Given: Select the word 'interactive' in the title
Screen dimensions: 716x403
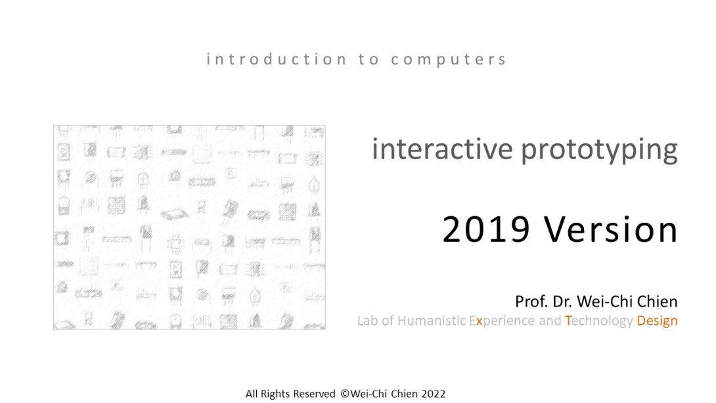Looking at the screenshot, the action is point(443,149).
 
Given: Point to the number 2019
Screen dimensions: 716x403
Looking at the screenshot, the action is point(486,229).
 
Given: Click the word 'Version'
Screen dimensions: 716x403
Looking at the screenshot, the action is point(611,229).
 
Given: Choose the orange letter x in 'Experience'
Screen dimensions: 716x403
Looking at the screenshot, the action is point(479,321).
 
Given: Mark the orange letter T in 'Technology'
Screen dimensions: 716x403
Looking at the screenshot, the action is point(568,321).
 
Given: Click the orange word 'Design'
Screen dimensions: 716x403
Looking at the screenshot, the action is point(657,321).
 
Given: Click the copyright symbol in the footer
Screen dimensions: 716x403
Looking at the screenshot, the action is point(346,394).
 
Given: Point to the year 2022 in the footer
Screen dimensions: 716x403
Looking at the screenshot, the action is point(434,394).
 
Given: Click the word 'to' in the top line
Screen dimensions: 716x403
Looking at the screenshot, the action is point(369,59).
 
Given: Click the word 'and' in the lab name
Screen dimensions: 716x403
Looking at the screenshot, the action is point(550,321).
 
